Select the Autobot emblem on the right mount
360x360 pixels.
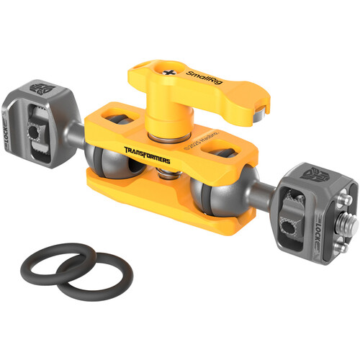coord(315,171)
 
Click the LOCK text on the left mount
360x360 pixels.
coord(12,133)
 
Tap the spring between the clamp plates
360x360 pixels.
coord(166,173)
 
